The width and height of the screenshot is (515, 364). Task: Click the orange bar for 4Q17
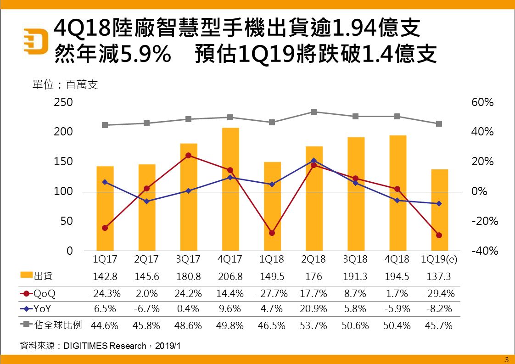click(x=230, y=189)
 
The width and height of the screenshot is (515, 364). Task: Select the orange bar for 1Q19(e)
click(x=439, y=210)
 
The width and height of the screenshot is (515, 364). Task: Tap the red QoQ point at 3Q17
click(x=189, y=156)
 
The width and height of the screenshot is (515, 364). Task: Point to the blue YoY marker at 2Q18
click(x=313, y=161)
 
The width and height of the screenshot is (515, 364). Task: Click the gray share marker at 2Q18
click(x=313, y=112)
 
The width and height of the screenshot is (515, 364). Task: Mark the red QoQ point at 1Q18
click(x=272, y=233)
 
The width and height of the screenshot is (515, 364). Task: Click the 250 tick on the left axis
click(x=63, y=102)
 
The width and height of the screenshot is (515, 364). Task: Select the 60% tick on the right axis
click(x=482, y=102)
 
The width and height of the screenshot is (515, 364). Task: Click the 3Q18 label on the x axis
click(x=355, y=259)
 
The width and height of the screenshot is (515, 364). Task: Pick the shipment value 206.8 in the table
click(x=230, y=277)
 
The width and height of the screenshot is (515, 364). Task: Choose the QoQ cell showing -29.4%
click(x=439, y=293)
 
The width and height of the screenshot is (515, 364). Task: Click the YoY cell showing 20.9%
click(x=313, y=309)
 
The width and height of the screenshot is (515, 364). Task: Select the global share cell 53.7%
click(x=313, y=326)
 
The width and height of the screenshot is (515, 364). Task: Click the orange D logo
click(x=37, y=41)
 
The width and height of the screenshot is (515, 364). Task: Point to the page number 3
click(x=507, y=359)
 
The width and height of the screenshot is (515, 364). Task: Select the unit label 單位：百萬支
click(x=66, y=85)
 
